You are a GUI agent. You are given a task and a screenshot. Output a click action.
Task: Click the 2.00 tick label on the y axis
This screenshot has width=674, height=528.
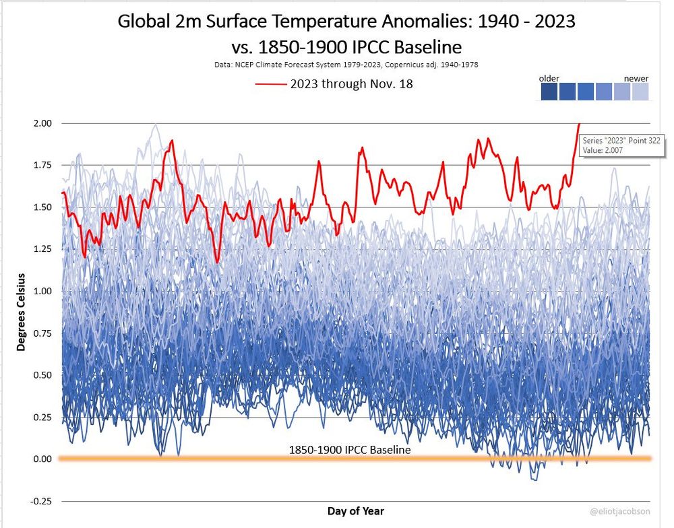click(42, 123)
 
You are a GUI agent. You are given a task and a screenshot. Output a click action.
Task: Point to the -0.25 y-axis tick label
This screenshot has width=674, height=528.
click(40, 500)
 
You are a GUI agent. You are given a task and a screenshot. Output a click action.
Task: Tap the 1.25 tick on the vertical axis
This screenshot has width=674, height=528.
click(42, 249)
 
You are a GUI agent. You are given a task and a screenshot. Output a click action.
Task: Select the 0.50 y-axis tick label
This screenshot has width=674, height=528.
click(42, 374)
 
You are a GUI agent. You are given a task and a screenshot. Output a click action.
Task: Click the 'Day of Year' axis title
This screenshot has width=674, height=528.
click(356, 511)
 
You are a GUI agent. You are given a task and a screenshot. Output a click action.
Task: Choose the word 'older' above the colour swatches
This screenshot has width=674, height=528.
click(549, 79)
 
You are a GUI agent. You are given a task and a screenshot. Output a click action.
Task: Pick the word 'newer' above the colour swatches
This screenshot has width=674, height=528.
click(636, 79)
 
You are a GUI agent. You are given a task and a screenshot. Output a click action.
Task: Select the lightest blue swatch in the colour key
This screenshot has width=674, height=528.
click(640, 92)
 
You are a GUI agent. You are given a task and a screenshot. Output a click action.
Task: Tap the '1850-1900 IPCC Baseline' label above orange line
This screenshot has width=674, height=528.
click(350, 449)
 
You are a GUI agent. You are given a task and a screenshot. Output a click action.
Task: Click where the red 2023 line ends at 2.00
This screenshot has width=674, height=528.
click(579, 124)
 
